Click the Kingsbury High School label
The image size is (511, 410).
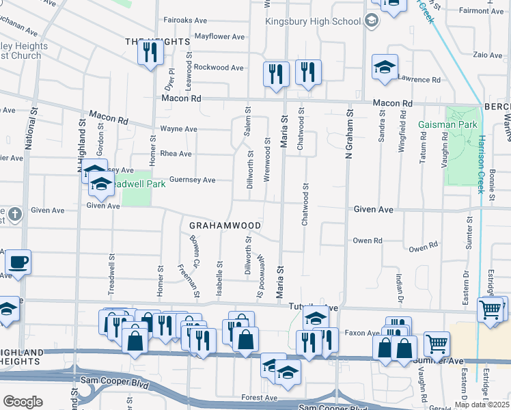click(x=314, y=21)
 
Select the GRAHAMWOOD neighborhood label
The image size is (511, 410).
click(x=225, y=225)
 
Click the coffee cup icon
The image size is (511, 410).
click(x=17, y=262)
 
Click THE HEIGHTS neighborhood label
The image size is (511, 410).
click(x=156, y=42)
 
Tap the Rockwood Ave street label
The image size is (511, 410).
click(x=219, y=68)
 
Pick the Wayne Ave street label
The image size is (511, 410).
click(x=178, y=128)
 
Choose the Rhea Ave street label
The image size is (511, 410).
click(x=175, y=154)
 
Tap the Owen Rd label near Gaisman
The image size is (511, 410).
click(x=424, y=246)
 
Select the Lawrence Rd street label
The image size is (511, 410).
click(x=419, y=80)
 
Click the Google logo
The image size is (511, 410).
click(x=23, y=402)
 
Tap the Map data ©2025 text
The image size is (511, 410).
click(x=482, y=405)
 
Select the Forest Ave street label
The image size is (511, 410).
click(x=260, y=397)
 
